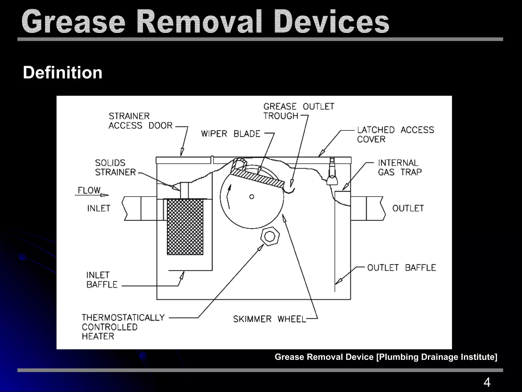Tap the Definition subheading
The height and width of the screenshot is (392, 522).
[x=63, y=73]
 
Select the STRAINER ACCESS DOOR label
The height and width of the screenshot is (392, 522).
[x=141, y=121]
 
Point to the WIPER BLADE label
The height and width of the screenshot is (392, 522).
[x=231, y=134]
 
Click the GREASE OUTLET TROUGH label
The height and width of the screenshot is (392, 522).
[x=298, y=111]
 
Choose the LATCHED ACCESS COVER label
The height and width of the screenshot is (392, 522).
[x=395, y=134]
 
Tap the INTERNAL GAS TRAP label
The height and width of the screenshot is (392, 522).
[x=400, y=167]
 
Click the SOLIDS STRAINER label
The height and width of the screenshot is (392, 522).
[x=115, y=167]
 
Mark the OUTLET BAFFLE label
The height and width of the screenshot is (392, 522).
[x=401, y=267]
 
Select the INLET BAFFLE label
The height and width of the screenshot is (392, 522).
[x=102, y=280]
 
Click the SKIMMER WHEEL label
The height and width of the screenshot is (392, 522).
[x=269, y=319]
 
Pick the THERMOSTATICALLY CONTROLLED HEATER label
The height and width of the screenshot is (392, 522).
[x=123, y=327]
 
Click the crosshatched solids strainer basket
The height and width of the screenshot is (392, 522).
[x=185, y=227]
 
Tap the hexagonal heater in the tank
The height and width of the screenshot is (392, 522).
[x=270, y=237]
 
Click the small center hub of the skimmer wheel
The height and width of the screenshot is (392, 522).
[x=252, y=197]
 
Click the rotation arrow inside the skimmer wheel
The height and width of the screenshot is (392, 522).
[x=229, y=196]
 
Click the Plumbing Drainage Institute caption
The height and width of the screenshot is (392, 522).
[x=386, y=357]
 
